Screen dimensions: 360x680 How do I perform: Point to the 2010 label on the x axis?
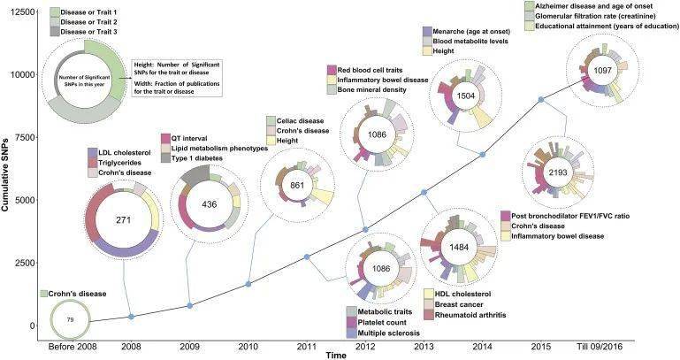(x=248, y=348)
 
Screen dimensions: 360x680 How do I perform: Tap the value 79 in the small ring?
(x=72, y=319)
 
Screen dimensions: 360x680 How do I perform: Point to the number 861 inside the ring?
(x=297, y=186)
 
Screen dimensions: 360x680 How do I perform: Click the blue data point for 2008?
(x=131, y=317)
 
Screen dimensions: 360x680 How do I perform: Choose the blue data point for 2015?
(x=541, y=99)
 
